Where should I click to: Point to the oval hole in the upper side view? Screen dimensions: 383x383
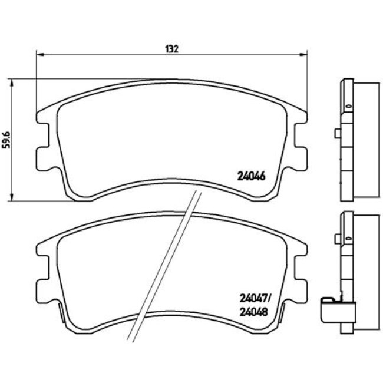click(348, 107)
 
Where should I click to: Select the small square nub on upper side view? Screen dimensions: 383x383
click(336, 134)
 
